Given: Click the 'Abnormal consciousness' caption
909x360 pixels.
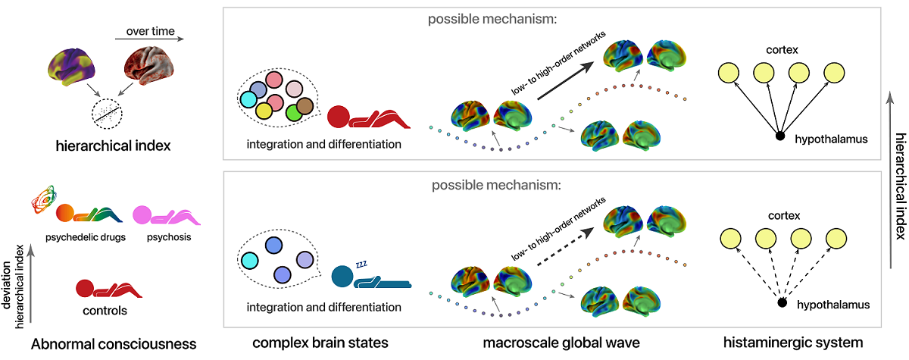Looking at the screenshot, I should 114,344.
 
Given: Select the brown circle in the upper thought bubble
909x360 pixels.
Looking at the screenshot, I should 305,106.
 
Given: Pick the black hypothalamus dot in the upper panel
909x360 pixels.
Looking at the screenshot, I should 779,136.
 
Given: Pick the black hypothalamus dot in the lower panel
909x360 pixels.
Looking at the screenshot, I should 782,304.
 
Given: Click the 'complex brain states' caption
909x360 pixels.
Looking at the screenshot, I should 320,343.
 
